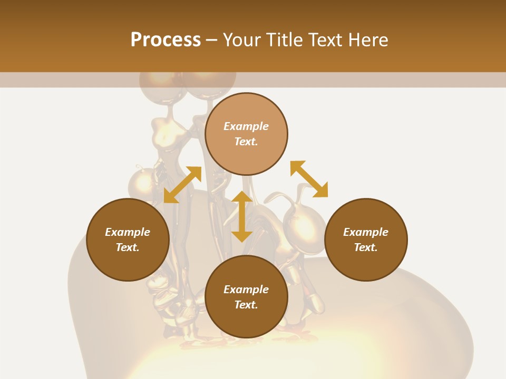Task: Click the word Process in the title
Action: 166,40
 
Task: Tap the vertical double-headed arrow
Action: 242,216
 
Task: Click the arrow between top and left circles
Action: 182,185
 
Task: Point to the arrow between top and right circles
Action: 309,179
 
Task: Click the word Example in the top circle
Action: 246,126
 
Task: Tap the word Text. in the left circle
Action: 128,247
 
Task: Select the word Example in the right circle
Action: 366,232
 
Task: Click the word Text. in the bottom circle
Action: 246,305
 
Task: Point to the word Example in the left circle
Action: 128,232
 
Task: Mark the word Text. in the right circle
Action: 366,247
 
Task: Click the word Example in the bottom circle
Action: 246,290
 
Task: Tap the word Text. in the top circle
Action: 246,142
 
